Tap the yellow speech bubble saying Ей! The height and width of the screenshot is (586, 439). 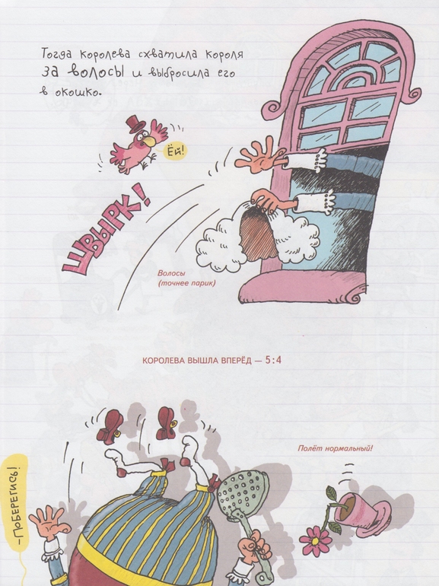(175, 151)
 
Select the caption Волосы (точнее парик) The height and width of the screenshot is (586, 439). (186, 278)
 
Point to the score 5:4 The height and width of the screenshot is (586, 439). (272, 360)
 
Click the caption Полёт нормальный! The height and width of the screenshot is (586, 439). (335, 448)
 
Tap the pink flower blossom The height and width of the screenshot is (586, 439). (315, 541)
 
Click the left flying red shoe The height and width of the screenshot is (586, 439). (110, 426)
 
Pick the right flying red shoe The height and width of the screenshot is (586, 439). (167, 422)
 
